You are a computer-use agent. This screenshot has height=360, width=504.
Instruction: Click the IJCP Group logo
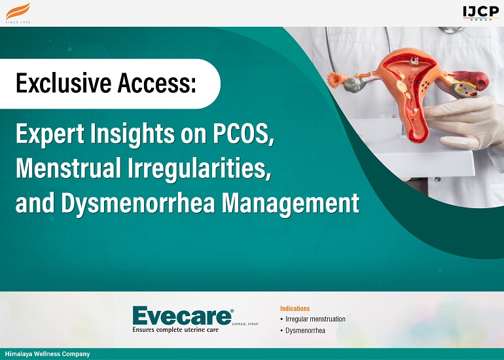coord(481,12)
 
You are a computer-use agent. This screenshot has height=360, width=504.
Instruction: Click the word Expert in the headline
coord(45,134)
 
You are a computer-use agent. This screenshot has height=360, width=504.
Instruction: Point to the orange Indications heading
coord(295,308)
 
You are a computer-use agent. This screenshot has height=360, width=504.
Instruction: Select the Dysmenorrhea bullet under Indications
coord(305,331)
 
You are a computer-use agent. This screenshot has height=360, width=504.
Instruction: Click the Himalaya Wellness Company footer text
coord(47,354)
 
